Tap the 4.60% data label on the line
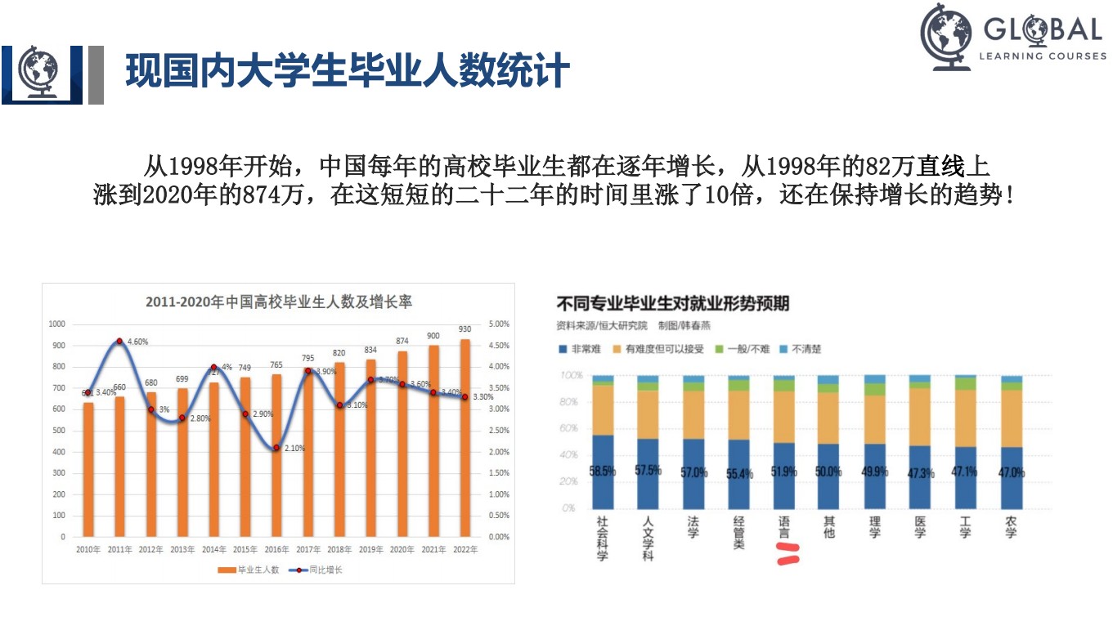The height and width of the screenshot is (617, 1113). pyautogui.click(x=137, y=342)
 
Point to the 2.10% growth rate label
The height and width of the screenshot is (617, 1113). pyautogui.click(x=294, y=449)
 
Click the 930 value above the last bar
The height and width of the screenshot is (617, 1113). pyautogui.click(x=465, y=329)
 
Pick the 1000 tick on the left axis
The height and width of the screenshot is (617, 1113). pyautogui.click(x=56, y=324)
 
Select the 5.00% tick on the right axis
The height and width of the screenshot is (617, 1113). pyautogui.click(x=499, y=324)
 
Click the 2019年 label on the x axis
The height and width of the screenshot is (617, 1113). pyautogui.click(x=370, y=550)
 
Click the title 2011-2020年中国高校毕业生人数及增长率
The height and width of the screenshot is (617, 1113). pyautogui.click(x=279, y=302)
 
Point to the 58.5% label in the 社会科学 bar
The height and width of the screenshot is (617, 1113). pyautogui.click(x=603, y=472)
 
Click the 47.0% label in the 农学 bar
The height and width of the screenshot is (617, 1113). pyautogui.click(x=1012, y=472)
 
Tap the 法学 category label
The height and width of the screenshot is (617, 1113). pyautogui.click(x=693, y=527)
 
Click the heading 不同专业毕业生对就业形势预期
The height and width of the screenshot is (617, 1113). pyautogui.click(x=673, y=304)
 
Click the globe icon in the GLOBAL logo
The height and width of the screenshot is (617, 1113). pyautogui.click(x=946, y=37)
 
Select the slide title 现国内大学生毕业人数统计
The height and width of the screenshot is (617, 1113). pyautogui.click(x=347, y=71)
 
